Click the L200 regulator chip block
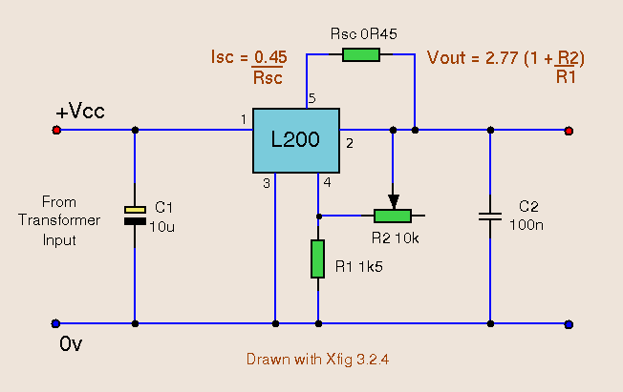click(x=295, y=140)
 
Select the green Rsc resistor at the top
click(x=361, y=55)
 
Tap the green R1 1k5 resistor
click(x=317, y=258)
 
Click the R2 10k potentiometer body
click(x=392, y=216)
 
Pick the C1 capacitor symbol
click(x=135, y=216)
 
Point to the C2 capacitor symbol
click(x=489, y=217)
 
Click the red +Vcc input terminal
click(x=56, y=130)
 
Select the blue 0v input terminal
click(x=55, y=323)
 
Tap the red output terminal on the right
click(x=569, y=130)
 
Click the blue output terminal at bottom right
click(x=569, y=323)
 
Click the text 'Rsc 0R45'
click(x=363, y=33)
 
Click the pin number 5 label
click(x=311, y=98)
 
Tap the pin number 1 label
click(x=244, y=119)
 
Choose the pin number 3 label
click(x=267, y=182)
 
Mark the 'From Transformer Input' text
click(x=59, y=221)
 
